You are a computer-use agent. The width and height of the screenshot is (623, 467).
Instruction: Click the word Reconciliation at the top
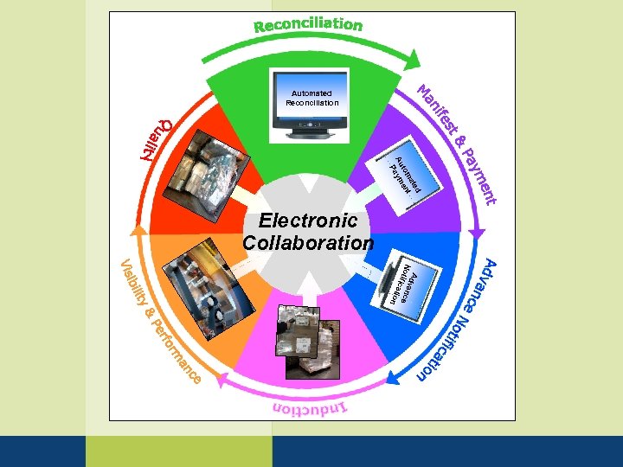pos(308,24)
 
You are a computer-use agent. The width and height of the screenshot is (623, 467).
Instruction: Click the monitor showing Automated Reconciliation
pos(309,104)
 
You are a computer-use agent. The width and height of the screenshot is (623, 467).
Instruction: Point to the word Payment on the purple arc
pos(479,177)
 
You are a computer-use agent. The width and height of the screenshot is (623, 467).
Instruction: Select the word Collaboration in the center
pos(308,243)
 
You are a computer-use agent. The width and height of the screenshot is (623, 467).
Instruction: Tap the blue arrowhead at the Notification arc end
pos(393,378)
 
